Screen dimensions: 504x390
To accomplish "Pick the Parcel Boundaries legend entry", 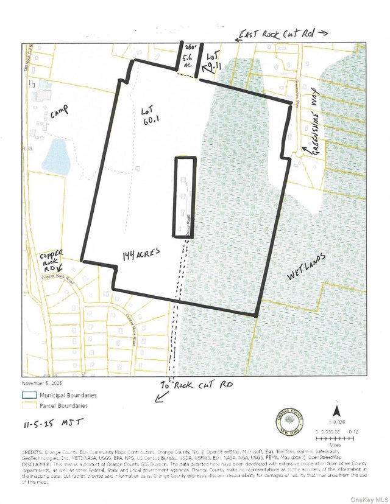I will pyautogui.click(x=63, y=405).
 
